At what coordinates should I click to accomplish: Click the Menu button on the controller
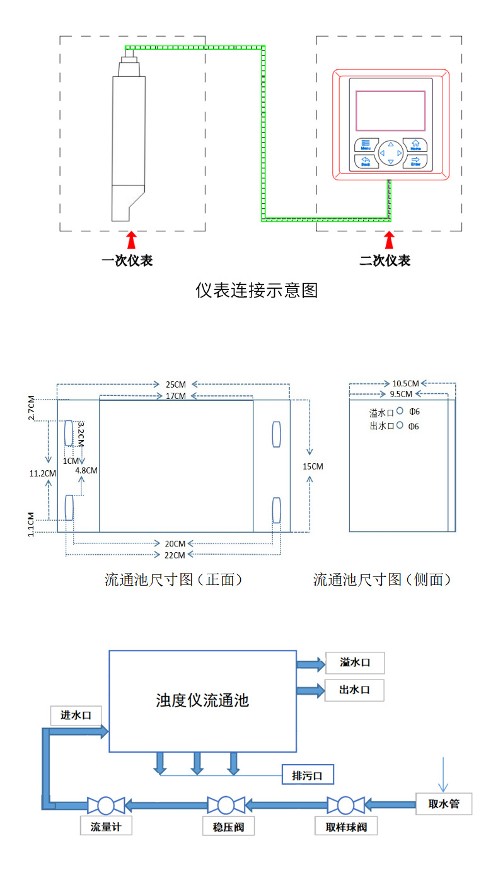[x=366, y=144]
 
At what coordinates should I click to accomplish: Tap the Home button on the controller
[x=415, y=144]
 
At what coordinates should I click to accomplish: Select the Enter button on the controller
[x=415, y=161]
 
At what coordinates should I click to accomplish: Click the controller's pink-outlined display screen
[x=390, y=110]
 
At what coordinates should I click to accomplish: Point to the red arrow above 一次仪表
[x=131, y=240]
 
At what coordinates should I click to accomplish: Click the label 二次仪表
[x=385, y=260]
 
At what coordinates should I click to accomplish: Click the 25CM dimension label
[x=175, y=385]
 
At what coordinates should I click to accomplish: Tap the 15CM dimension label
[x=313, y=466]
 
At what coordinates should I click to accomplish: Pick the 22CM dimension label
[x=175, y=555]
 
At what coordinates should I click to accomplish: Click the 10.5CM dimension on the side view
[x=405, y=383]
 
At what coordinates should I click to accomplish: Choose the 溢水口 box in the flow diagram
[x=354, y=663]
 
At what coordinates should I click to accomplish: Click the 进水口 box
[x=76, y=715]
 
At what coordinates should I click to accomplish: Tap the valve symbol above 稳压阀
[x=226, y=805]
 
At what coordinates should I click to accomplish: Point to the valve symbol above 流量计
[x=106, y=805]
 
